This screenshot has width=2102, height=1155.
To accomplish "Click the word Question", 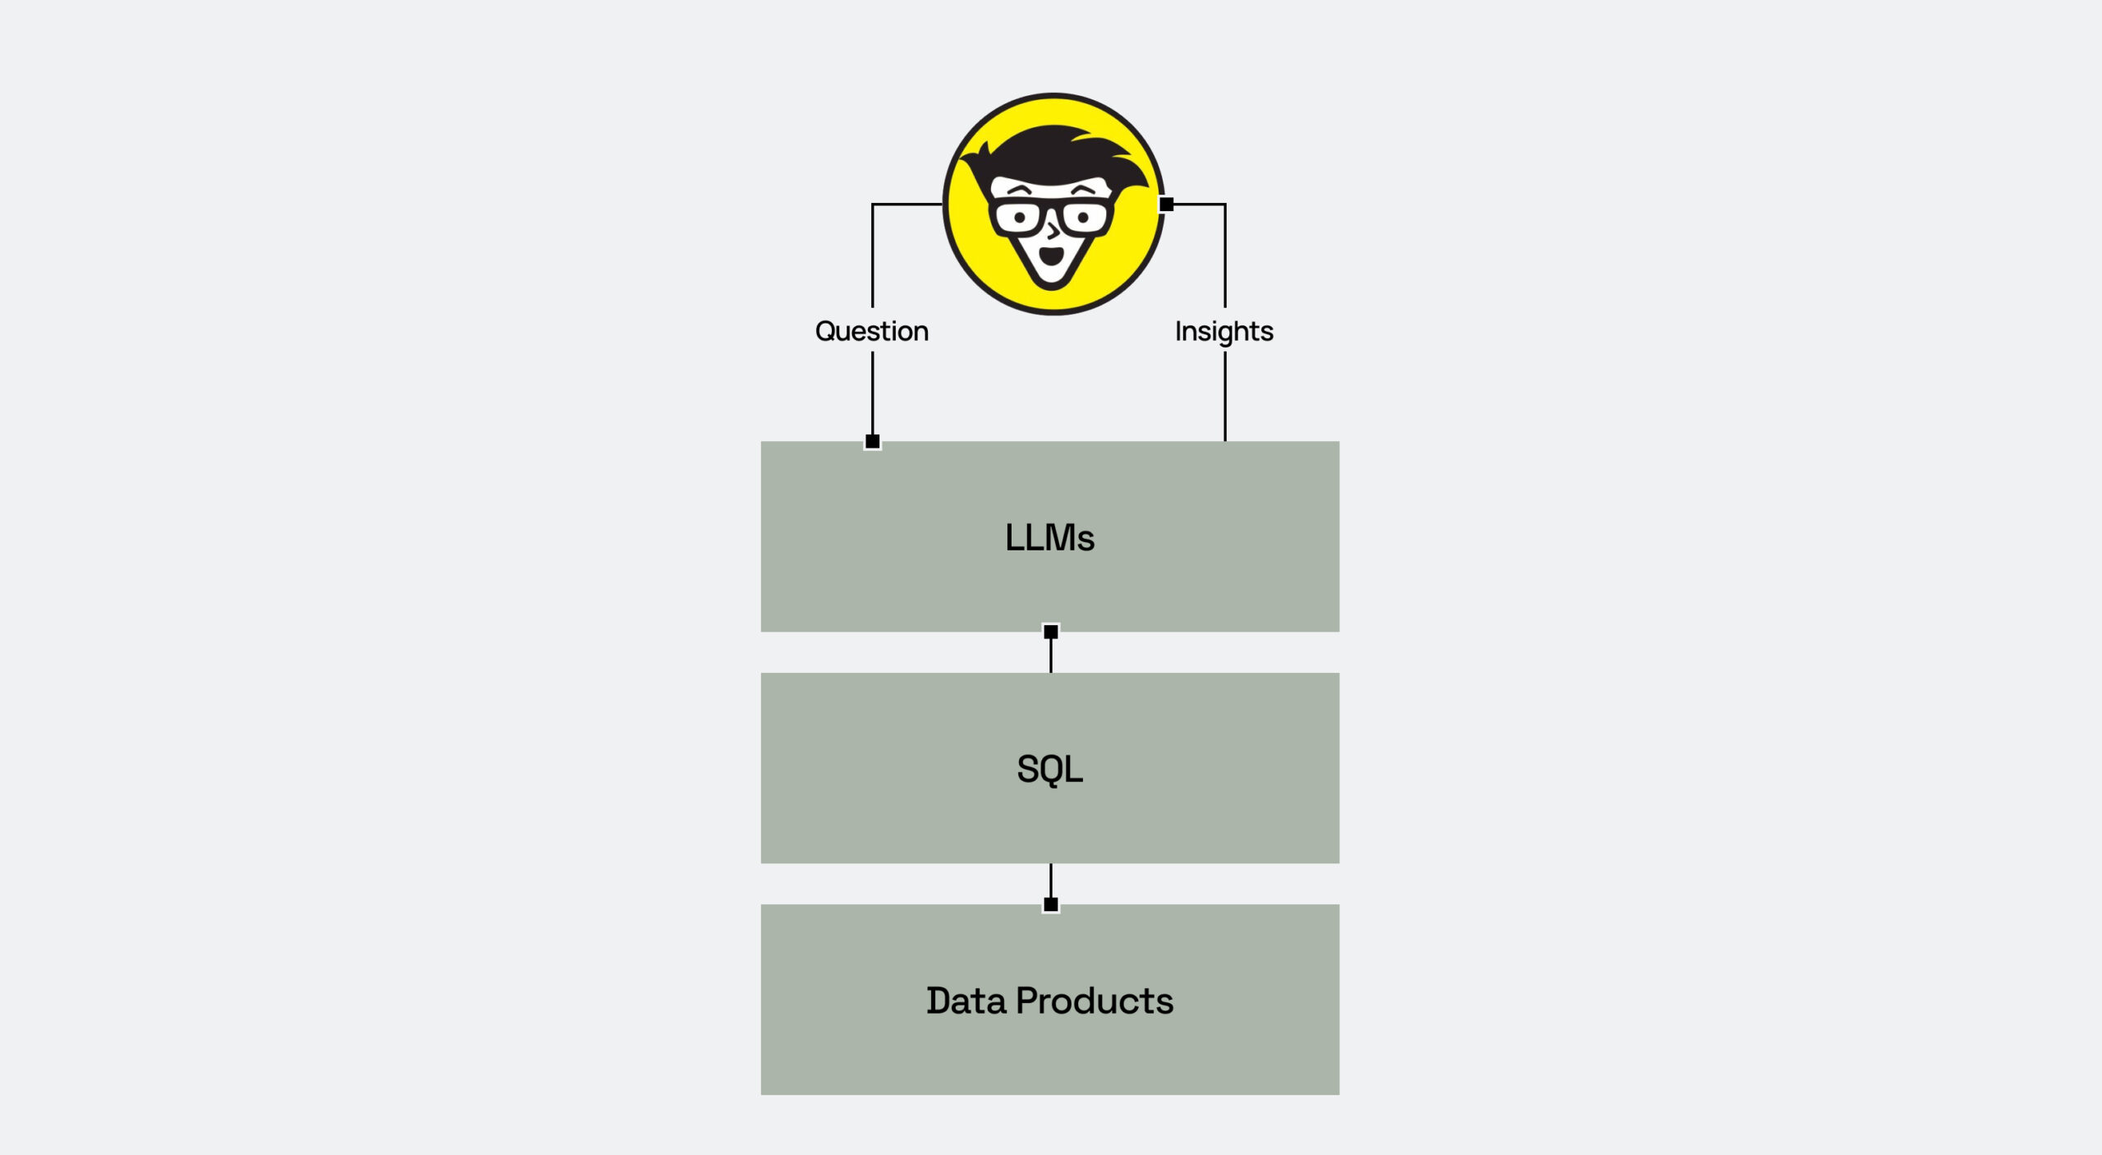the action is click(871, 331).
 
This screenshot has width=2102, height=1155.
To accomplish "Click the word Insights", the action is click(1223, 332).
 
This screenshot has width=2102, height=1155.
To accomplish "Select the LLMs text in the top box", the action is click(1049, 537).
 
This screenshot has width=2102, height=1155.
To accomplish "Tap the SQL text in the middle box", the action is click(1049, 770).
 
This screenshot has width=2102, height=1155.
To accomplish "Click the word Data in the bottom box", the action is click(966, 1001).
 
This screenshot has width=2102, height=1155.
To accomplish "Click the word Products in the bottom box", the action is click(1095, 1001).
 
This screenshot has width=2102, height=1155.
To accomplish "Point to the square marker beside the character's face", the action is click(1166, 204).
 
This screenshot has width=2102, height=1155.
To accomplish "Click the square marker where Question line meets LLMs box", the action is click(872, 441).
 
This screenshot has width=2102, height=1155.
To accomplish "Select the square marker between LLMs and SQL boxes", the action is click(1050, 631).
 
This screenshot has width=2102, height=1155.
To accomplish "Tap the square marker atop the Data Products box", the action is click(1050, 904).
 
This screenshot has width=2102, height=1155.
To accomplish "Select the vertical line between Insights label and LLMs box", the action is click(1224, 397).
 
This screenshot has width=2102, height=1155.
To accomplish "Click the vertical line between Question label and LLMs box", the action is click(872, 393).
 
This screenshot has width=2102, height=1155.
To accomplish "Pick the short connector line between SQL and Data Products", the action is click(1050, 881).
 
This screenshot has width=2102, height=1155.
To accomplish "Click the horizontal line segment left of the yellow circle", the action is click(907, 204).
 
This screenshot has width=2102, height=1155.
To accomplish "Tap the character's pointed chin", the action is click(1052, 284).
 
